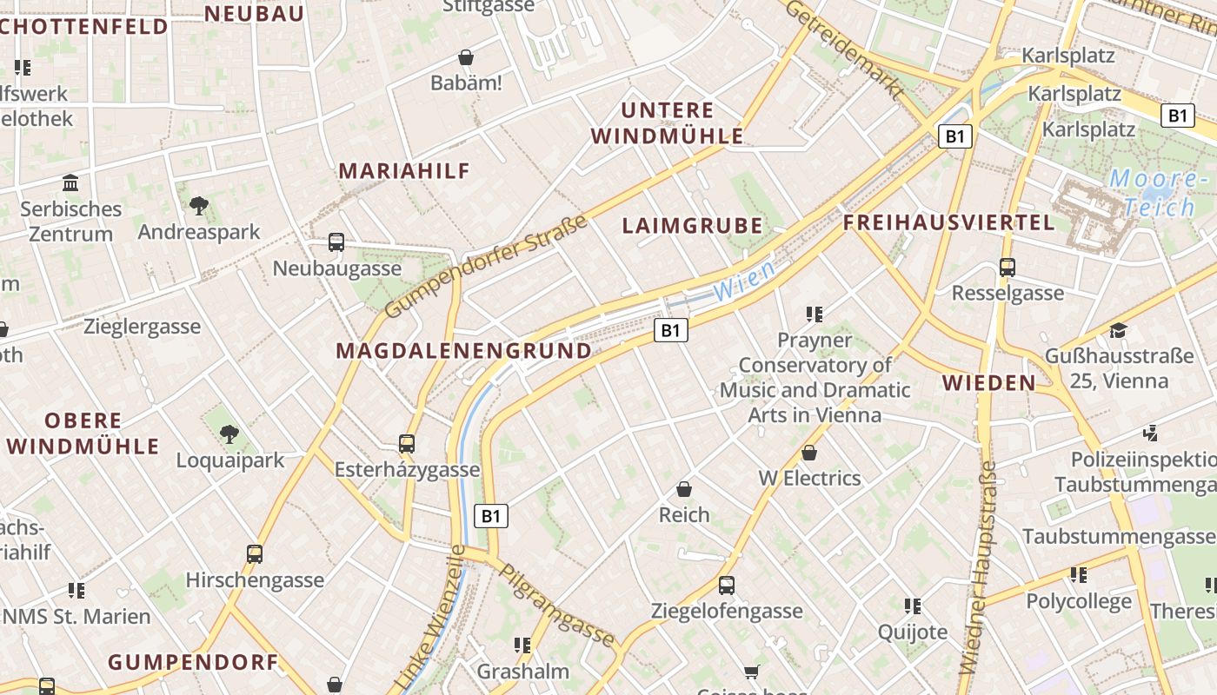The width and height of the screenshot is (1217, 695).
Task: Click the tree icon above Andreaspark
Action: tap(199, 206)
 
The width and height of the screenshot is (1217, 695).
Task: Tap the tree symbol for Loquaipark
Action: tap(229, 434)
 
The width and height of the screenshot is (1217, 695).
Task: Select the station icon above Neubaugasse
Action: tap(336, 242)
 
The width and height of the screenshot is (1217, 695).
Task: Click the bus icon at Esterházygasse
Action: tap(406, 444)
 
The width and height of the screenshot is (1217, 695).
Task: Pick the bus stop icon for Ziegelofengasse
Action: tap(727, 586)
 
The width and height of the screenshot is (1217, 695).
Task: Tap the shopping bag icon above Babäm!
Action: tap(466, 57)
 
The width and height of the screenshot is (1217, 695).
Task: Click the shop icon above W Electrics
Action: tap(809, 453)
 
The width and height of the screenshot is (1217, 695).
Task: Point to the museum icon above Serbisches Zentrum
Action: tap(70, 182)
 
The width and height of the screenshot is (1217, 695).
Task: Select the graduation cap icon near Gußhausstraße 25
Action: tap(1118, 331)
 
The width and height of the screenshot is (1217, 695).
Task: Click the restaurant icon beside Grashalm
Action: tap(522, 645)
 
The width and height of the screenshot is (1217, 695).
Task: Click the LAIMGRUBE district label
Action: tap(692, 226)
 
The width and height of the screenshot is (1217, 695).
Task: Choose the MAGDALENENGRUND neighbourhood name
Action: tap(463, 351)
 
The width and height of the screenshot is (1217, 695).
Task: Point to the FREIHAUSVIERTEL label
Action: tap(948, 222)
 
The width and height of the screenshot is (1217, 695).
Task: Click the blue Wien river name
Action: tap(745, 281)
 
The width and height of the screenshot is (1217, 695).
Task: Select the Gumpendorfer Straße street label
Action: tap(486, 266)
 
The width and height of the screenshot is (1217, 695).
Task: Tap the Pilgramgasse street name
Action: tap(556, 606)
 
